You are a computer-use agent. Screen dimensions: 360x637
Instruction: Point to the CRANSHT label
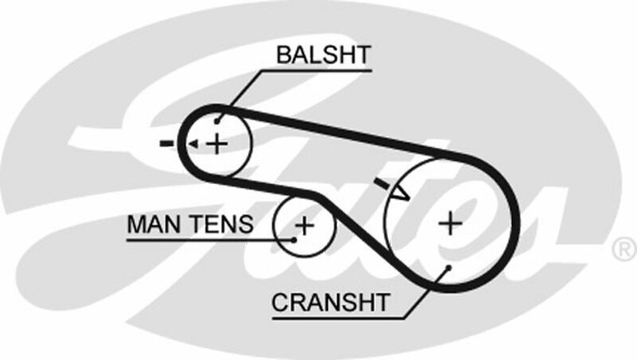point(330,303)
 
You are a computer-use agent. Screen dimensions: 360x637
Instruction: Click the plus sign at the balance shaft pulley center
point(217,143)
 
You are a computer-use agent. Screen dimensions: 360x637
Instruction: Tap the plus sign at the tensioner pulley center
point(304,225)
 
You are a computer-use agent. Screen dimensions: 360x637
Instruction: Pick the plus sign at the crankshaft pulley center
point(450,222)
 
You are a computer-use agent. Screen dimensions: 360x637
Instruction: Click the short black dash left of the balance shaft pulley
point(166,143)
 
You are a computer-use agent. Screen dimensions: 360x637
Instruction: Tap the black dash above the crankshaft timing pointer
point(382,184)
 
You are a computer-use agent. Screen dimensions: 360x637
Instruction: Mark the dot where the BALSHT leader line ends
point(217,123)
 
